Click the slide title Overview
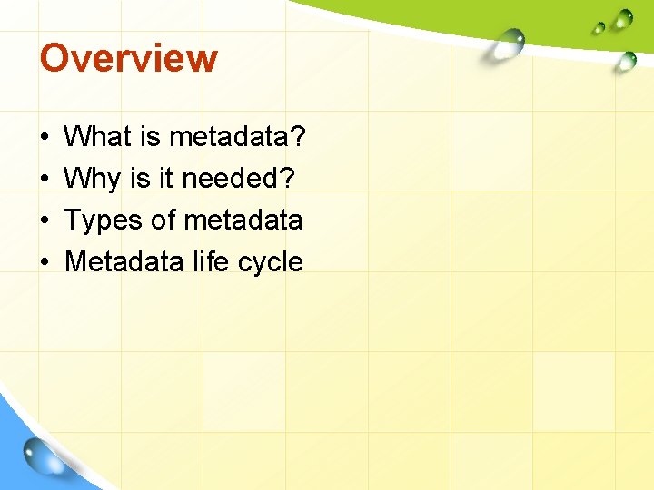point(128,58)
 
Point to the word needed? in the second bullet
point(238,179)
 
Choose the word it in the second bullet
point(165,179)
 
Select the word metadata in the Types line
point(243,220)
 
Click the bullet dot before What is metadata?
point(44,139)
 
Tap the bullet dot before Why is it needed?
point(44,180)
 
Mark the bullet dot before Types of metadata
point(44,221)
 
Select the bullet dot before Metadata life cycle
point(44,263)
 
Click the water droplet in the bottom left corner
point(43,456)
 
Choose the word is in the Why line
point(140,179)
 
